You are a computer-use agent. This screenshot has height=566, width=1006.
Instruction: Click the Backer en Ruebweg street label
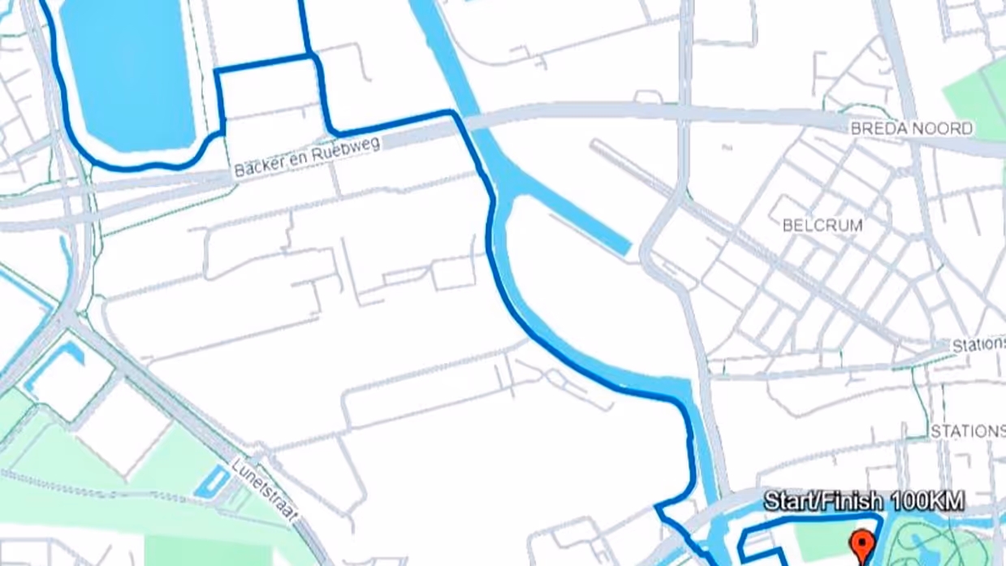coord(307,158)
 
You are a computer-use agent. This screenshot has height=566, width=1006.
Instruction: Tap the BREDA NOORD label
coord(911,128)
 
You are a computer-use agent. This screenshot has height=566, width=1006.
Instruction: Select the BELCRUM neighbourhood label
coord(822,225)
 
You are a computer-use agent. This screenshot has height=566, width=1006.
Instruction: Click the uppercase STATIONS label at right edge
coord(968,430)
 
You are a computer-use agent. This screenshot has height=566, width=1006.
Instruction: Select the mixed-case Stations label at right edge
coord(978,345)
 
